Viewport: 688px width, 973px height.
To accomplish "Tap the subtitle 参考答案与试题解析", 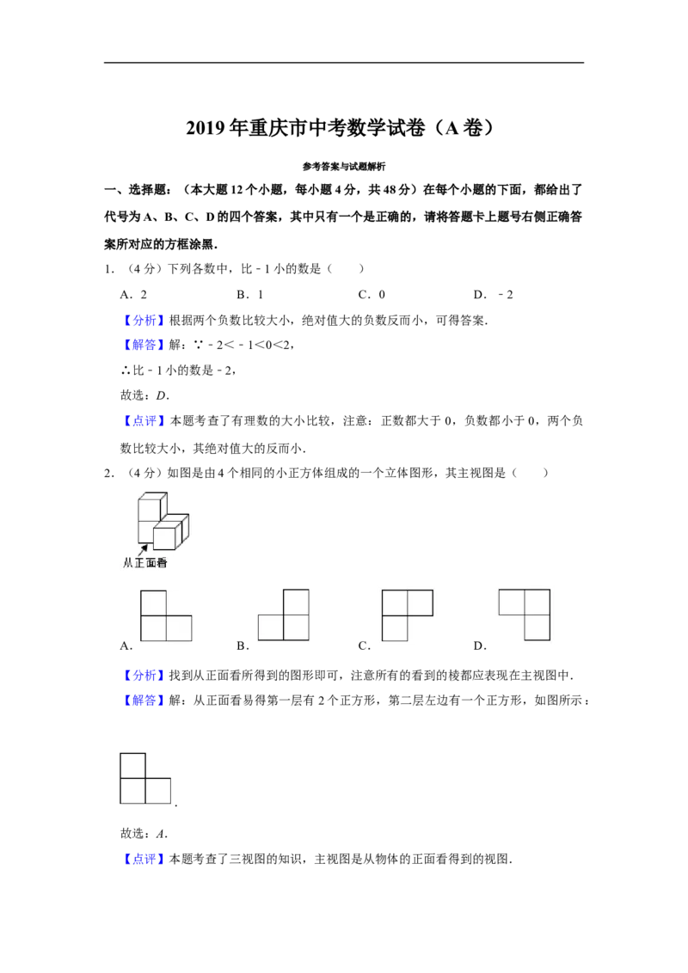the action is [x=344, y=166].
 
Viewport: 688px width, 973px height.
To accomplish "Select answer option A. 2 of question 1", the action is [x=133, y=295].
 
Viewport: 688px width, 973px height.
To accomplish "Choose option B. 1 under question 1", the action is [x=250, y=295].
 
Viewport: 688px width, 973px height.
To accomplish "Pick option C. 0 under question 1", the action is [x=372, y=295].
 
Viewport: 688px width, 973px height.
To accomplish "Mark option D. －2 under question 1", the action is [x=494, y=295].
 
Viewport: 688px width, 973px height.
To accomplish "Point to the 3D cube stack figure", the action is [x=163, y=521].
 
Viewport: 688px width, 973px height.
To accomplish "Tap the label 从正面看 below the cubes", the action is [x=145, y=563].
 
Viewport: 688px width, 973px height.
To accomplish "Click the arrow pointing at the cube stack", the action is [x=144, y=548].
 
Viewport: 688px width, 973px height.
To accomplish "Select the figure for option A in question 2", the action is [x=167, y=615].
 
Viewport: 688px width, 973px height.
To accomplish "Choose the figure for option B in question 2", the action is [x=284, y=615].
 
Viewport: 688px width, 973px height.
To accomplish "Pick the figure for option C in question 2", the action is [x=408, y=615].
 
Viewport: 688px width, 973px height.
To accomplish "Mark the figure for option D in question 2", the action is [x=525, y=615].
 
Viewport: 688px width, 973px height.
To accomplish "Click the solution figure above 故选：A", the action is [x=145, y=779].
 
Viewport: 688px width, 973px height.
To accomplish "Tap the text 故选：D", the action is [x=144, y=395].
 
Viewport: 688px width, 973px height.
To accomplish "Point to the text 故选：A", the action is [x=144, y=834].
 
